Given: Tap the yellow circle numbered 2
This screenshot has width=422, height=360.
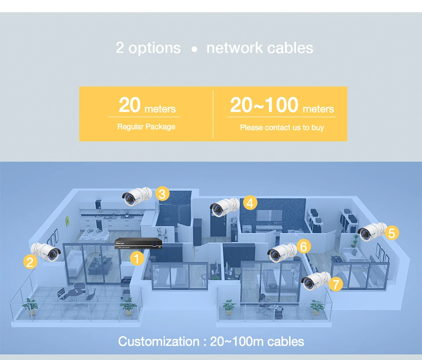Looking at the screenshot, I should (30, 262).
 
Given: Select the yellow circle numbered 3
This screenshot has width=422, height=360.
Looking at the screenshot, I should (162, 194).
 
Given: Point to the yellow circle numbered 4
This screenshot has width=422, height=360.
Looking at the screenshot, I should (250, 203).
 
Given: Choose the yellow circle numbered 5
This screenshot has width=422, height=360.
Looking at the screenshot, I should (391, 233).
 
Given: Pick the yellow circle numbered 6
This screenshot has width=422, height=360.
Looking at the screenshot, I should (303, 246).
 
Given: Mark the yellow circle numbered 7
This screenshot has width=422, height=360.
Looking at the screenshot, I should (336, 284).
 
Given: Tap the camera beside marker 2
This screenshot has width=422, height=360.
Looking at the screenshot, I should (46, 252).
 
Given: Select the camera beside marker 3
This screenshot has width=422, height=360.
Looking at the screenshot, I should (137, 196).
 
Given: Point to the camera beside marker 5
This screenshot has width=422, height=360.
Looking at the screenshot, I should (372, 232).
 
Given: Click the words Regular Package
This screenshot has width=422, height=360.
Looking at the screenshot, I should (146, 127).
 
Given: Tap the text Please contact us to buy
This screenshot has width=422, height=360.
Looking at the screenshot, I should (282, 128).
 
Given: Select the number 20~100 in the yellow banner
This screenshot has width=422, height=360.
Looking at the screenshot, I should (264, 105).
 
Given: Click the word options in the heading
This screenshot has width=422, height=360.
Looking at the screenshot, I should (155, 48).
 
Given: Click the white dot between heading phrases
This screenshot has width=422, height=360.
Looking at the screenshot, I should (194, 50).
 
